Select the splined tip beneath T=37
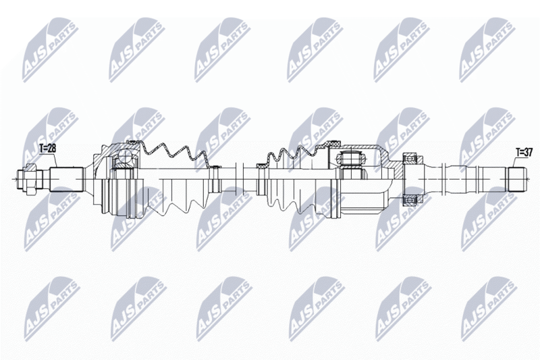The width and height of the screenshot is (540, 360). [x=516, y=178]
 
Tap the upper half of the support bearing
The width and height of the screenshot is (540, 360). [x=409, y=160]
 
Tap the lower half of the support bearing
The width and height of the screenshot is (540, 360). [x=409, y=198]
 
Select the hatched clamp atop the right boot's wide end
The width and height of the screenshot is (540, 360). [x=332, y=144]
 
